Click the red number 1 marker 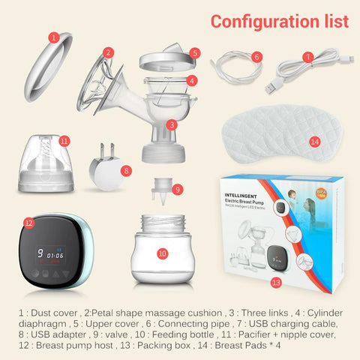[53, 35]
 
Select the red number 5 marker [194, 53]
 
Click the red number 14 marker [314, 140]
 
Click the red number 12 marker [29, 222]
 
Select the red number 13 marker [276, 282]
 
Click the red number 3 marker [172, 124]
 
